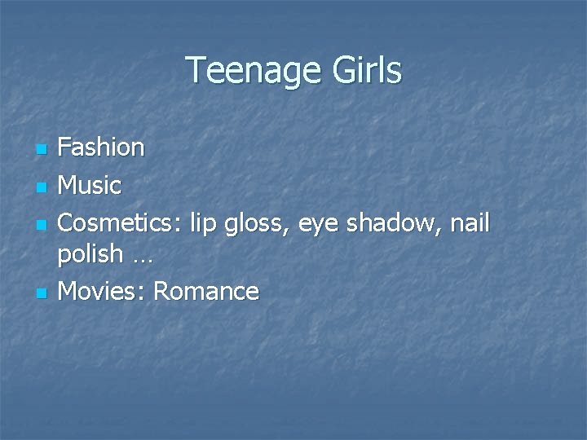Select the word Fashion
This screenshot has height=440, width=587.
point(102,147)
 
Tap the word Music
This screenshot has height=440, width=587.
point(90,185)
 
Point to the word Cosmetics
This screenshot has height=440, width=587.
point(120,222)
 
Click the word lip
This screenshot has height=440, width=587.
point(204,222)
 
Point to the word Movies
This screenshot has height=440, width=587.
point(99,290)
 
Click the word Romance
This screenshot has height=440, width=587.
point(206,291)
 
